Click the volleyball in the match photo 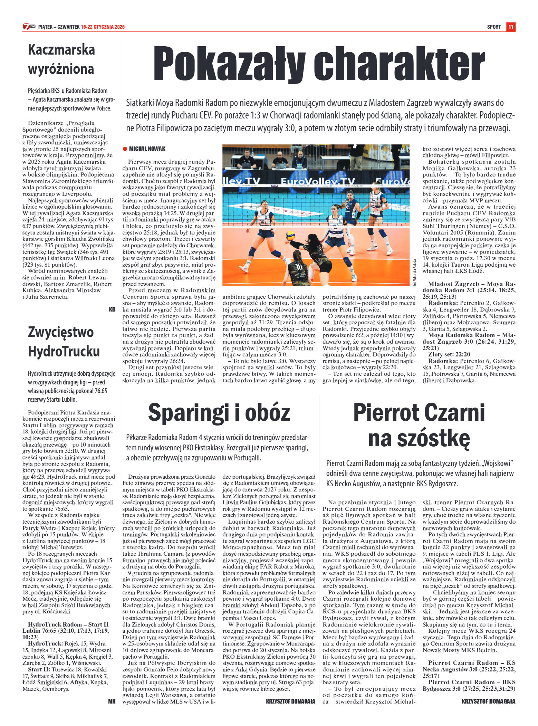(290, 236)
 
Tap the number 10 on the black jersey (299, 266)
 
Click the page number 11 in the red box (511, 27)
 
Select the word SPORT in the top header (494, 27)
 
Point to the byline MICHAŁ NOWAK (147, 149)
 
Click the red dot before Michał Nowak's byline (125, 149)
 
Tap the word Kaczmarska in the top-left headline (61, 50)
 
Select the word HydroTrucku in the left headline (64, 351)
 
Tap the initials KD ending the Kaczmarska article (112, 309)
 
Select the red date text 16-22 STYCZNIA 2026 (103, 27)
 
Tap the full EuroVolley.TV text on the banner (318, 181)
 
